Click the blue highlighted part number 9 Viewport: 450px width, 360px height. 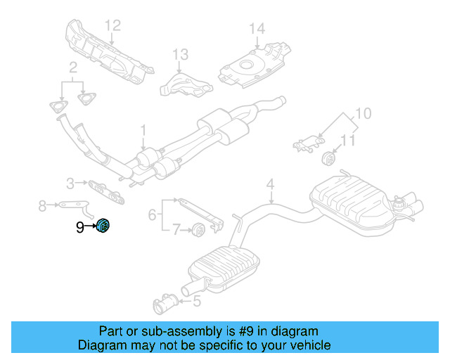coord(103,226)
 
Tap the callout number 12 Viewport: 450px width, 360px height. coord(112,25)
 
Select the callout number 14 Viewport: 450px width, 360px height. coord(257,28)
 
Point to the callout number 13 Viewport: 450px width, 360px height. coord(180,54)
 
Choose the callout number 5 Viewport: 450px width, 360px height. coord(197,301)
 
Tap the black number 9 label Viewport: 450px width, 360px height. coord(79,227)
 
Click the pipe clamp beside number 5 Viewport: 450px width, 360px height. coord(165,303)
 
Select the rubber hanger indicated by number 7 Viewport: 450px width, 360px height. coord(198,229)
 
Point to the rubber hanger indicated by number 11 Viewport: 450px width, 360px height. coord(329,158)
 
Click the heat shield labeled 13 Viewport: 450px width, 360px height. coord(186,86)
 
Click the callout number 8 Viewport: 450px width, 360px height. coord(42,205)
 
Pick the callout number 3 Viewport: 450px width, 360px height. coord(70,183)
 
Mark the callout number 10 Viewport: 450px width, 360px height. coord(364,113)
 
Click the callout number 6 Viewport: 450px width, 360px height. coord(152,214)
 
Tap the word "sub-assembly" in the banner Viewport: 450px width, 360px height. coord(182,331)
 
